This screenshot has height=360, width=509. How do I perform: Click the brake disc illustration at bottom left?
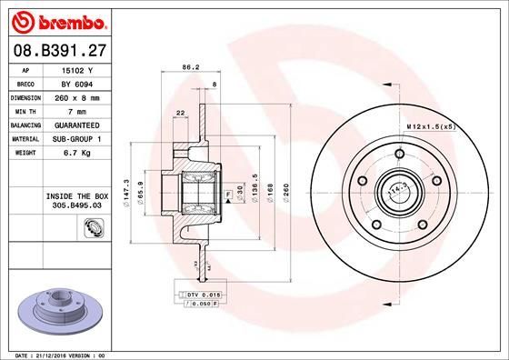point(63,306)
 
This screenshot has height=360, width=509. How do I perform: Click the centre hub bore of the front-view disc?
point(397,190)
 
